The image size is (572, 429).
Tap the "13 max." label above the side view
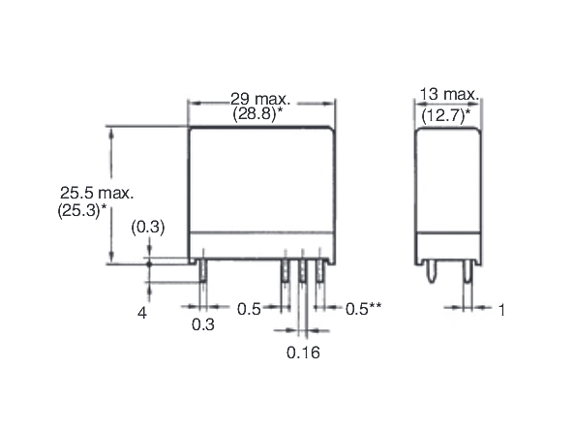[450, 94]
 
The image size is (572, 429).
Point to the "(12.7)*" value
[450, 114]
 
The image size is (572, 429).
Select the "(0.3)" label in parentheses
[148, 228]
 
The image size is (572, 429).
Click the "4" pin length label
[142, 313]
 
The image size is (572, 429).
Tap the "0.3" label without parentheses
[203, 325]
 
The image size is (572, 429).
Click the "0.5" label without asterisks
[250, 309]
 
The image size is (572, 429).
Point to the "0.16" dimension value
[303, 352]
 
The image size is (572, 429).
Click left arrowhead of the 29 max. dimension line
[192, 104]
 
